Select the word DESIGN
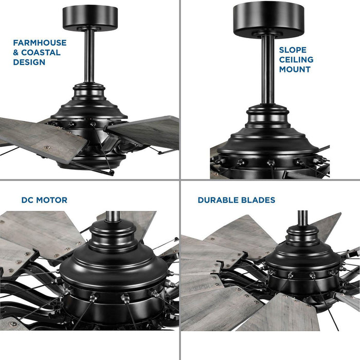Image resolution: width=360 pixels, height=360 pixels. coord(29,62)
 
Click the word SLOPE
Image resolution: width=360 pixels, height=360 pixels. coord(293,50)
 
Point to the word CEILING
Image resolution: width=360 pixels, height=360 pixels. coord(296,60)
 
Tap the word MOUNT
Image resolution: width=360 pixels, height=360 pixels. coord(295,69)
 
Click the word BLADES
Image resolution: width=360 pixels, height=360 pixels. coord(259,200)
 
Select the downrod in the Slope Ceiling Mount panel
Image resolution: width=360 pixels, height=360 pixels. coord(267,72)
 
